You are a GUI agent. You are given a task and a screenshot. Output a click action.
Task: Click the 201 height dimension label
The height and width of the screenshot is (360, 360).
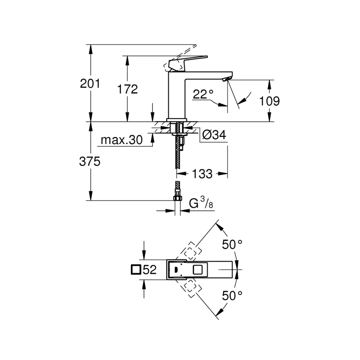tap(90, 84)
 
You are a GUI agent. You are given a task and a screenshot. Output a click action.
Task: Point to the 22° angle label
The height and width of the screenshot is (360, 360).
tap(203, 94)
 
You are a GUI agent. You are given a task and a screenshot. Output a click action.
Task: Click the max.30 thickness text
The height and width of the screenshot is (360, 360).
tap(122, 140)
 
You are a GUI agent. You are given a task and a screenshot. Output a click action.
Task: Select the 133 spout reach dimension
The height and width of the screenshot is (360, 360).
tap(202, 174)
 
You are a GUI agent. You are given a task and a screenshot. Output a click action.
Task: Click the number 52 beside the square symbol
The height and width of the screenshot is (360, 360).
tap(149, 270)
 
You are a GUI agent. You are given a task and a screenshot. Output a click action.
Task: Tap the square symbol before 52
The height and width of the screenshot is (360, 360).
tap(136, 270)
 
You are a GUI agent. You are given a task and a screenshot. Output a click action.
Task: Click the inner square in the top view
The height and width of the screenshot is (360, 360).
tap(198, 270)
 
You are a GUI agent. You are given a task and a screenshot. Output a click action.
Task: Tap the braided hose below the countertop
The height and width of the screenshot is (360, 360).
tap(176, 156)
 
